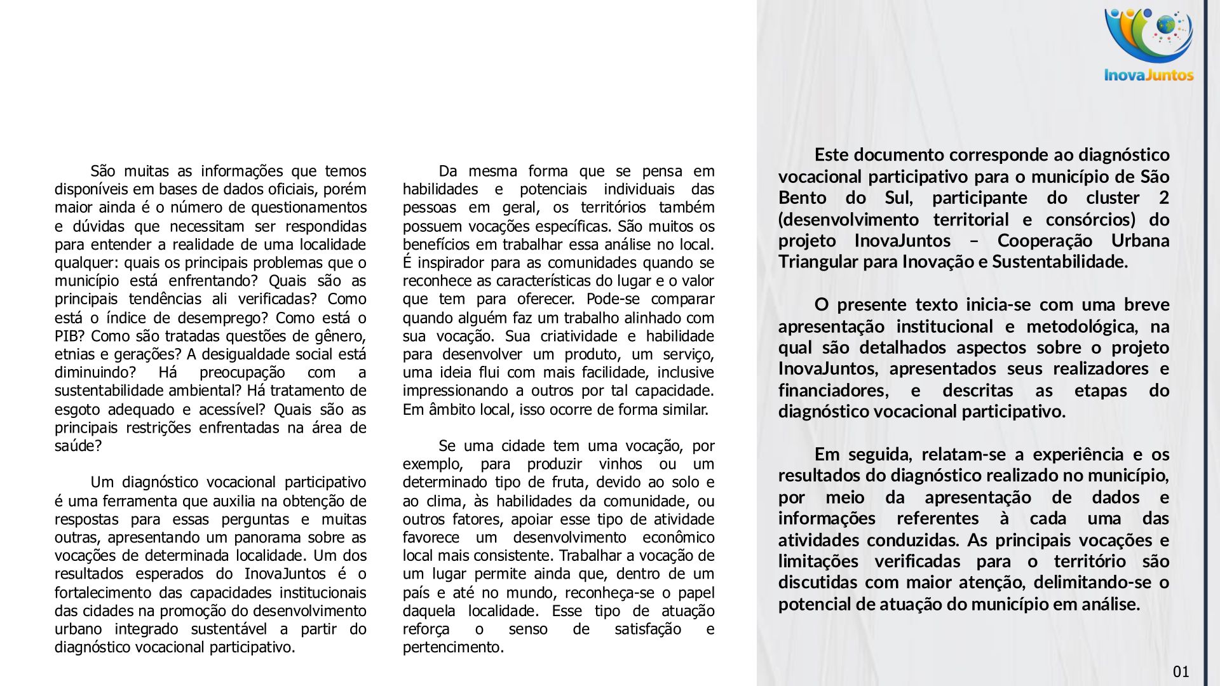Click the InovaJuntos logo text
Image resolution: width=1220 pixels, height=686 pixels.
(x=1149, y=75)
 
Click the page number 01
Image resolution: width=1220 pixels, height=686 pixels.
(x=1181, y=672)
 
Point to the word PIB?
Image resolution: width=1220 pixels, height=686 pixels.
(x=68, y=336)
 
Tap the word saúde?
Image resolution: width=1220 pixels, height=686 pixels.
(x=78, y=446)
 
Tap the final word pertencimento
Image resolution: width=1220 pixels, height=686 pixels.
(x=452, y=647)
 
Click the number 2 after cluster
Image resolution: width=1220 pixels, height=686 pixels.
(x=1163, y=198)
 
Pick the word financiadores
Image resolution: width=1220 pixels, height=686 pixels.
(x=833, y=390)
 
